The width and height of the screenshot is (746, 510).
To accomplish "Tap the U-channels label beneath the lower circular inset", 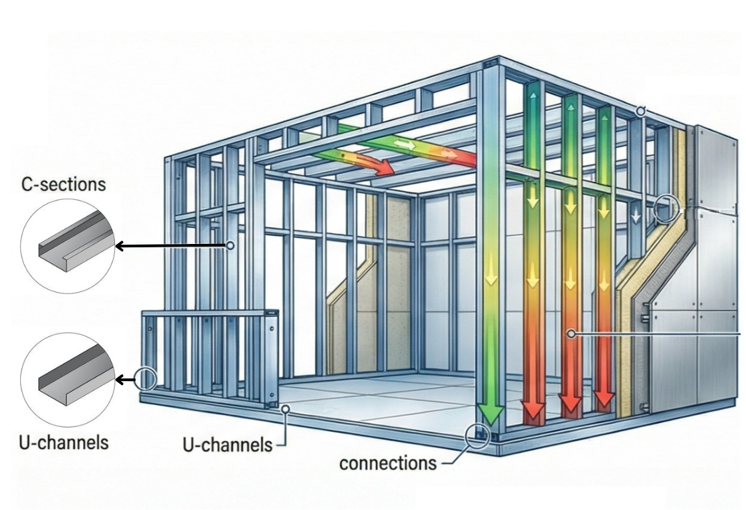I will [63, 442].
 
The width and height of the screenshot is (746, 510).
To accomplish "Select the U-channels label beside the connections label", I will [228, 444].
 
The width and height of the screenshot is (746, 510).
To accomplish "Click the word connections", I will [387, 463].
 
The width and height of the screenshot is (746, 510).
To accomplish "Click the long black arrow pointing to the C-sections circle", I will [171, 246].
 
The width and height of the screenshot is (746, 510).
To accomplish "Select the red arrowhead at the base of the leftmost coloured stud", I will [533, 410].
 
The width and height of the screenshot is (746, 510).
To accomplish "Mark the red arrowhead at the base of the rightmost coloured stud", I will [605, 400].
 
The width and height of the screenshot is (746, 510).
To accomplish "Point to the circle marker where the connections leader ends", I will [477, 435].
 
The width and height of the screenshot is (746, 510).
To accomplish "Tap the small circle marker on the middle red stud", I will [571, 333].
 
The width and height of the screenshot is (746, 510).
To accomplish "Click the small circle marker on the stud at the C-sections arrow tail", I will [230, 246].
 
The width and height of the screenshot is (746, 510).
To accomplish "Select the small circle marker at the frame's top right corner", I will [640, 111].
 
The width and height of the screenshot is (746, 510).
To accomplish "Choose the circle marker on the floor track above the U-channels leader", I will [286, 408].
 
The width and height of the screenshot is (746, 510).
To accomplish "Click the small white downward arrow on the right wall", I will [636, 216].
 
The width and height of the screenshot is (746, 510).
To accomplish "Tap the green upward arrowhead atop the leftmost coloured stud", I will [534, 94].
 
